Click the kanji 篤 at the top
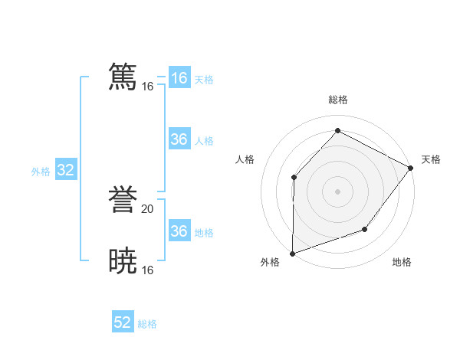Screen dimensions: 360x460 (x=123, y=77)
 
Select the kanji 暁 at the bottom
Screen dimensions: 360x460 (x=123, y=260)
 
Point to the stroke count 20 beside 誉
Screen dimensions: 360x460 (x=148, y=208)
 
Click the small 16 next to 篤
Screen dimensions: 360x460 (x=148, y=86)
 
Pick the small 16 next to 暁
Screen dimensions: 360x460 (x=148, y=270)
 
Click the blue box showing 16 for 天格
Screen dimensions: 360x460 (x=179, y=78)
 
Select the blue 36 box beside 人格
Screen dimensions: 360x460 (x=179, y=139)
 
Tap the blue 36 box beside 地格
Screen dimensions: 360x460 (x=179, y=231)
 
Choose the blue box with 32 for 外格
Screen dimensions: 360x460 (x=65, y=170)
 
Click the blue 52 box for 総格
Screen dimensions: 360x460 (x=123, y=322)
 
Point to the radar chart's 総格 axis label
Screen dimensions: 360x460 (x=337, y=100)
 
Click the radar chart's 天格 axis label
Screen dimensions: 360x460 (x=431, y=159)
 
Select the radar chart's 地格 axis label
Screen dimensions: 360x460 (x=402, y=263)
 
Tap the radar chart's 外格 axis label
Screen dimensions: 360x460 (x=270, y=263)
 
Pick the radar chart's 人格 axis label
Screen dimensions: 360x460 (x=245, y=159)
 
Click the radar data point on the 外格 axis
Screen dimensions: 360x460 (x=293, y=253)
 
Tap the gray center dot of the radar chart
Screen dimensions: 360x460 (x=337, y=191)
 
